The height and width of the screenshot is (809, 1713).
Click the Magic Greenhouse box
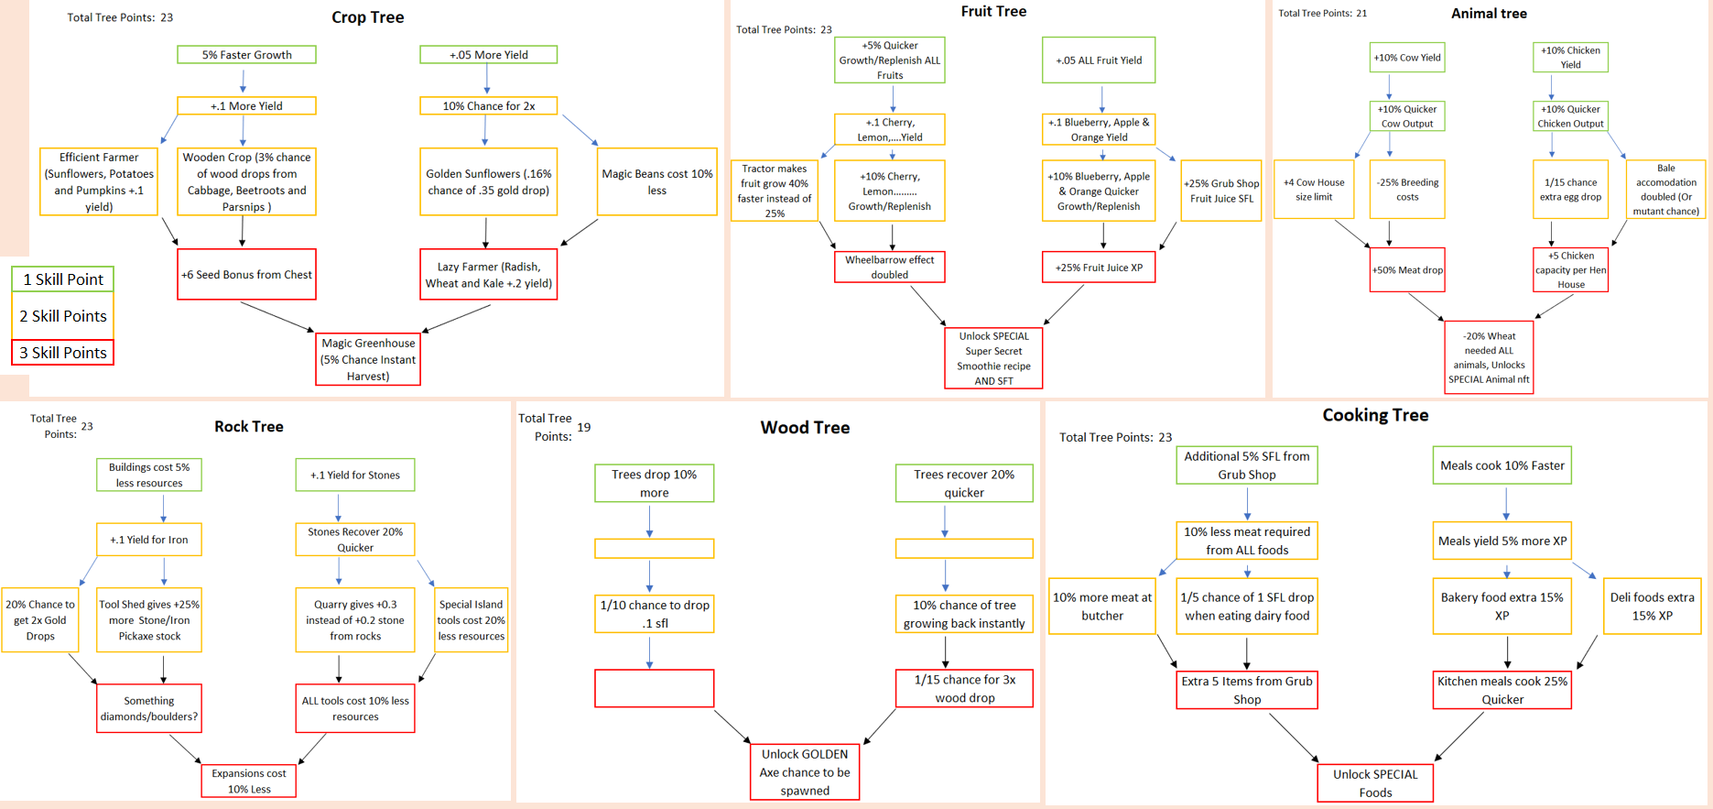(x=368, y=359)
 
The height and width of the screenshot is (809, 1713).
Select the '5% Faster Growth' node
(x=246, y=55)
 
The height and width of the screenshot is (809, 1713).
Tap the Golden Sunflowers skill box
(x=488, y=181)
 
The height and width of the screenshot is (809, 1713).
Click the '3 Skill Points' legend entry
(x=62, y=353)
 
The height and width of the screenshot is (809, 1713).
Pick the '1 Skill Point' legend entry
(x=62, y=279)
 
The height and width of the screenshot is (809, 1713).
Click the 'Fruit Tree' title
(x=993, y=11)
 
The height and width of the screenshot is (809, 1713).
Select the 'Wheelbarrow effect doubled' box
(x=889, y=267)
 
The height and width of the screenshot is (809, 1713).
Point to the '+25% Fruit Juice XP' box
(x=1099, y=268)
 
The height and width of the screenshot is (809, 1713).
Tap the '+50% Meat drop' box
(x=1407, y=270)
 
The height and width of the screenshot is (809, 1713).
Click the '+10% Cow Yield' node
(x=1407, y=58)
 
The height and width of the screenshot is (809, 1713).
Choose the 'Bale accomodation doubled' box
(x=1665, y=190)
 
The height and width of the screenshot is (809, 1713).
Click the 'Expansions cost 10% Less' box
(x=249, y=781)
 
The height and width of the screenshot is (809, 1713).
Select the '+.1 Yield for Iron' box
(x=149, y=540)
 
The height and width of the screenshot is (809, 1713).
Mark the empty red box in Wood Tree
(x=654, y=688)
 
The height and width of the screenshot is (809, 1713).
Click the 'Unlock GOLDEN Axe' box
(x=805, y=771)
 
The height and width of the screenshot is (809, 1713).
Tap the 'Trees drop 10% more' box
(x=654, y=483)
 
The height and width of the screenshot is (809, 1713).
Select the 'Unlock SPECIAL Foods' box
(x=1375, y=782)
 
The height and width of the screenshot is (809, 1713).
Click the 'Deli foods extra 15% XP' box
(x=1652, y=606)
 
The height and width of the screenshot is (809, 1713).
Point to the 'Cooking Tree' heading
(x=1375, y=415)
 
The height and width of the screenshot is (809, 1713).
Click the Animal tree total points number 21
(x=1361, y=13)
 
